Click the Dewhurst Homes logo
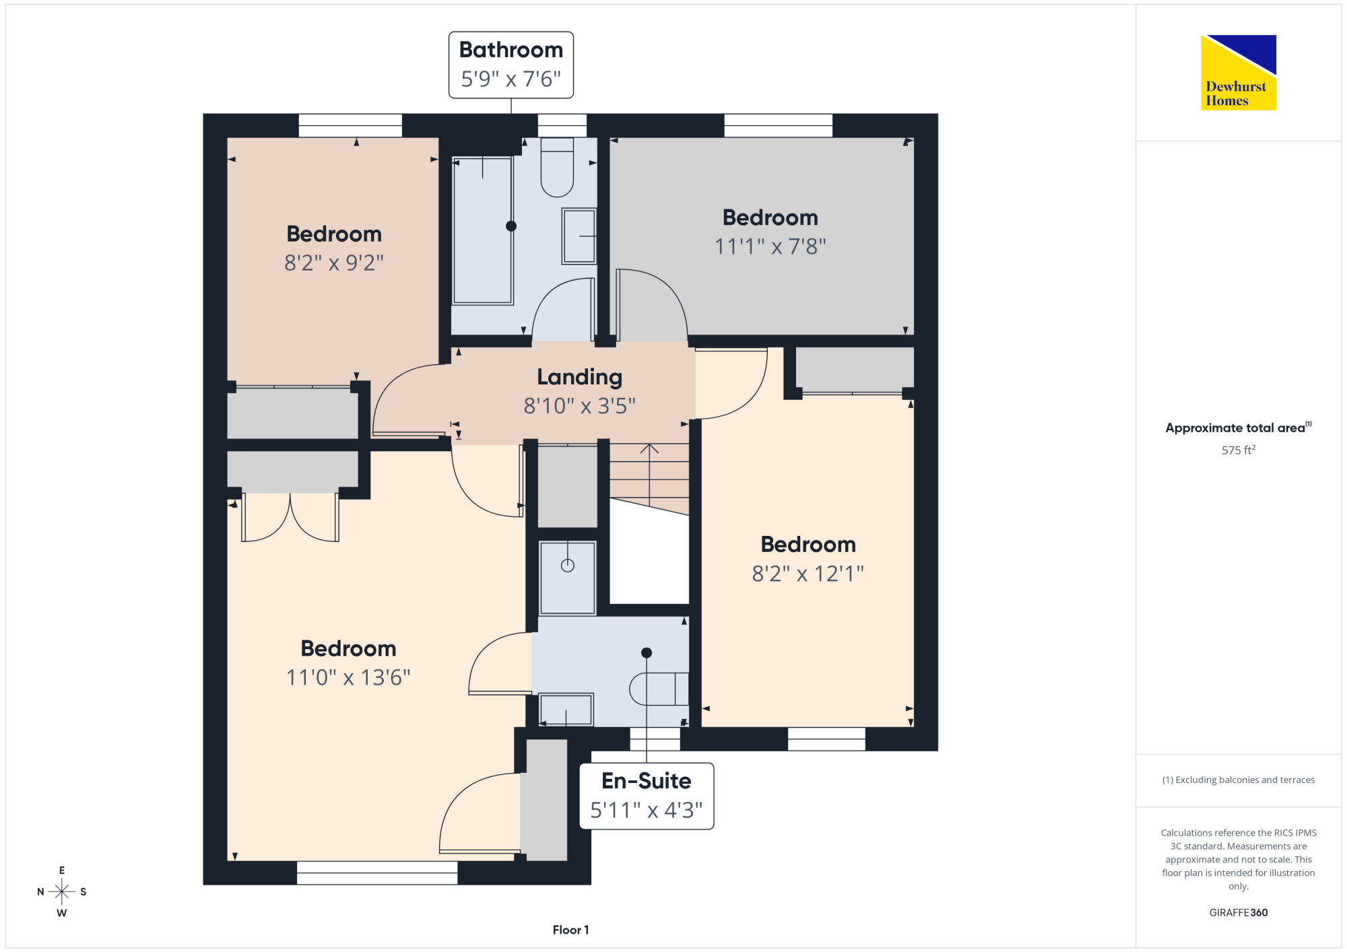[x=1239, y=72]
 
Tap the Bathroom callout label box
[x=511, y=65]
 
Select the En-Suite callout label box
[x=647, y=796]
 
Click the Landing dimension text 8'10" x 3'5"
[x=580, y=406]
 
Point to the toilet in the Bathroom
[x=557, y=168]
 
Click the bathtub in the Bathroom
[x=483, y=231]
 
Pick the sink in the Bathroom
[x=579, y=236]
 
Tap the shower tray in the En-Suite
[x=568, y=578]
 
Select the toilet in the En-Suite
[x=659, y=689]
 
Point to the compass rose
[x=62, y=891]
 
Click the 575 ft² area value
[x=1239, y=450]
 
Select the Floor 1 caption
[x=571, y=930]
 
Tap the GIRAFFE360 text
[x=1239, y=912]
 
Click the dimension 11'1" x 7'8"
[x=770, y=246]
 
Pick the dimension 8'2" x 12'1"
[x=808, y=574]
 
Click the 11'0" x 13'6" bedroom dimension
[x=348, y=677]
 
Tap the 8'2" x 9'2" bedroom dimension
[x=334, y=263]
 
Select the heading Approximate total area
[x=1235, y=428]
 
